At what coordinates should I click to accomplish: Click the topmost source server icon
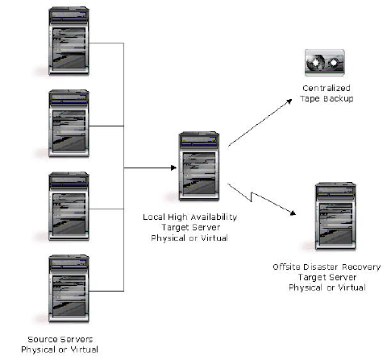pyautogui.click(x=69, y=41)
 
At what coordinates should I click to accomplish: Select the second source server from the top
pyautogui.click(x=69, y=123)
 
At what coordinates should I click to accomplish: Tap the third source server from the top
pyautogui.click(x=69, y=206)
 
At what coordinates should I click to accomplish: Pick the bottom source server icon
pyautogui.click(x=69, y=289)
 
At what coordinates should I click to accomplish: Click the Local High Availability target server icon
pyautogui.click(x=199, y=166)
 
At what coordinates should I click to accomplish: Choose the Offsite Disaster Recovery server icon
pyautogui.click(x=335, y=216)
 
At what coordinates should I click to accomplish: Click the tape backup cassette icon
pyautogui.click(x=325, y=63)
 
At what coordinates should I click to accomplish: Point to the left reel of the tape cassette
pyautogui.click(x=315, y=63)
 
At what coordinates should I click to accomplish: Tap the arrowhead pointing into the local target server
pyautogui.click(x=174, y=168)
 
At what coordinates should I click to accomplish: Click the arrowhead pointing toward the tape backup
pyautogui.click(x=289, y=101)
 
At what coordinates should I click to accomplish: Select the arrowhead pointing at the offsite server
pyautogui.click(x=293, y=213)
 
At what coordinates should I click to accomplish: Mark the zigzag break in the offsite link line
pyautogui.click(x=252, y=197)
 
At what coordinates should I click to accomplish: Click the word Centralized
pyautogui.click(x=327, y=88)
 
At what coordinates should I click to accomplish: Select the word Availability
pyautogui.click(x=214, y=217)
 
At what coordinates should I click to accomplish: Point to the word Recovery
pyautogui.click(x=361, y=267)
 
